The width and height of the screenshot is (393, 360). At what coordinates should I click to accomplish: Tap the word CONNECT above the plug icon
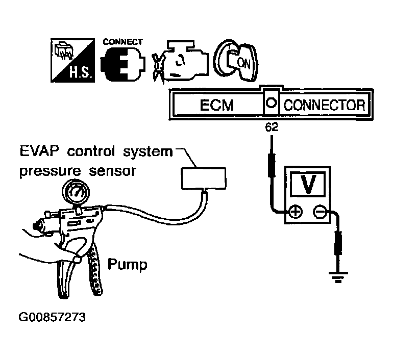[x=122, y=42]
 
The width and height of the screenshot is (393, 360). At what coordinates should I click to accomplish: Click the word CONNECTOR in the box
[x=324, y=106]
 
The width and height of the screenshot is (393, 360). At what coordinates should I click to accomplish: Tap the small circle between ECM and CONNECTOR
[x=272, y=104]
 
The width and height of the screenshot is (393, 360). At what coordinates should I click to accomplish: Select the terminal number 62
[x=271, y=128]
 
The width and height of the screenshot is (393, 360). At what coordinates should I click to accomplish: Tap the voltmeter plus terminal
[x=294, y=211]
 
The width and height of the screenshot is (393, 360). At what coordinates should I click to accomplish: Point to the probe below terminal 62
[x=271, y=163]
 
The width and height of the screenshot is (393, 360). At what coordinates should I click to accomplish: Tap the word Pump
[x=127, y=265]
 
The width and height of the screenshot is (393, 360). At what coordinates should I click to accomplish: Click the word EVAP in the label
[x=40, y=151]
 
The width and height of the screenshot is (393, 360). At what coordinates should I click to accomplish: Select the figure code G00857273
[x=52, y=317]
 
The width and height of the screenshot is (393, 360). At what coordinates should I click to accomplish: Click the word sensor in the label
[x=115, y=171]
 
